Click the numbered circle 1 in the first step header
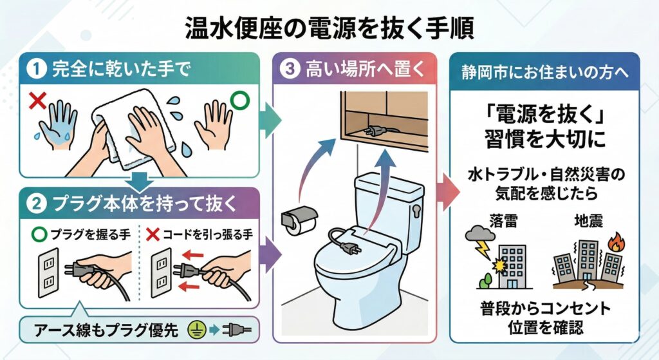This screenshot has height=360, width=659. [x=37, y=69]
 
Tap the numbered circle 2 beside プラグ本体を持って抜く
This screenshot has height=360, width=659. [x=37, y=204]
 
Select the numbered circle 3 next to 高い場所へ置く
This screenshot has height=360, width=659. [x=290, y=68]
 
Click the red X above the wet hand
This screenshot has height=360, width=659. [x=37, y=101]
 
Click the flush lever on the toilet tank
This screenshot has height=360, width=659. [x=416, y=210]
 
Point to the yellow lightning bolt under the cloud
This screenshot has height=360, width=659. [x=483, y=249]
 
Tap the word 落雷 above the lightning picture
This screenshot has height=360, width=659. [x=503, y=221]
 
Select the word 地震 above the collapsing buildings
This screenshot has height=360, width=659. [x=588, y=221]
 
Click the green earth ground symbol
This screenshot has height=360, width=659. [x=196, y=330]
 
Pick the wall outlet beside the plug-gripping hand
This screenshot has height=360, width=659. [x=48, y=272]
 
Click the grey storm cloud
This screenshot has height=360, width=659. [x=479, y=233]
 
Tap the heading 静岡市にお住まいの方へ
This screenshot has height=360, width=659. [x=545, y=72]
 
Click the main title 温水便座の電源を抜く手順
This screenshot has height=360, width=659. [x=330, y=28]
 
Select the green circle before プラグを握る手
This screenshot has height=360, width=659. [x=39, y=234]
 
